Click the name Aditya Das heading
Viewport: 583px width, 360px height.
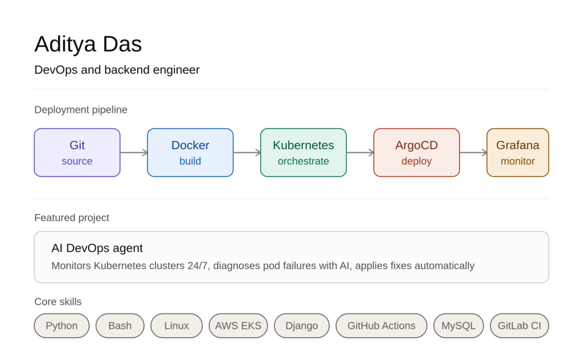(88, 44)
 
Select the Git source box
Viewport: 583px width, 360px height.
(77, 153)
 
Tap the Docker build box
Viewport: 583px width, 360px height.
(190, 153)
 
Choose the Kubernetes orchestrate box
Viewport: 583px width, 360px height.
(303, 153)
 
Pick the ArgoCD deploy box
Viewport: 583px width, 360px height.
(416, 153)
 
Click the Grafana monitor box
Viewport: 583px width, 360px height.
(518, 153)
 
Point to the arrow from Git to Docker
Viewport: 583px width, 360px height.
(134, 153)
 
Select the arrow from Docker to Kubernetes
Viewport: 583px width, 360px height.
(247, 153)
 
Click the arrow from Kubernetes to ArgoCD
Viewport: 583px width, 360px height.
(360, 153)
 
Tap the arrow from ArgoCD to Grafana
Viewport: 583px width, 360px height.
(473, 153)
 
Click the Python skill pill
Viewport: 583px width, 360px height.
(61, 326)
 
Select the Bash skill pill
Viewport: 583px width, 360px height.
(120, 326)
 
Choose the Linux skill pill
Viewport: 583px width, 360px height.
(176, 326)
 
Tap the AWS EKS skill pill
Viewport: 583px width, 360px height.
(239, 326)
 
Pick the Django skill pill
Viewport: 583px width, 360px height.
(302, 326)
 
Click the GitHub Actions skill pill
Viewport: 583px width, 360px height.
(381, 326)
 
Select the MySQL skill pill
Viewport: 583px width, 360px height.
(458, 326)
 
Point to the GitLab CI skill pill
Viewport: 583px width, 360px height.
(519, 326)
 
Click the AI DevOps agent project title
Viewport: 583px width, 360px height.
(97, 248)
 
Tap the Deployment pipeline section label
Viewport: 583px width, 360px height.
(81, 110)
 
